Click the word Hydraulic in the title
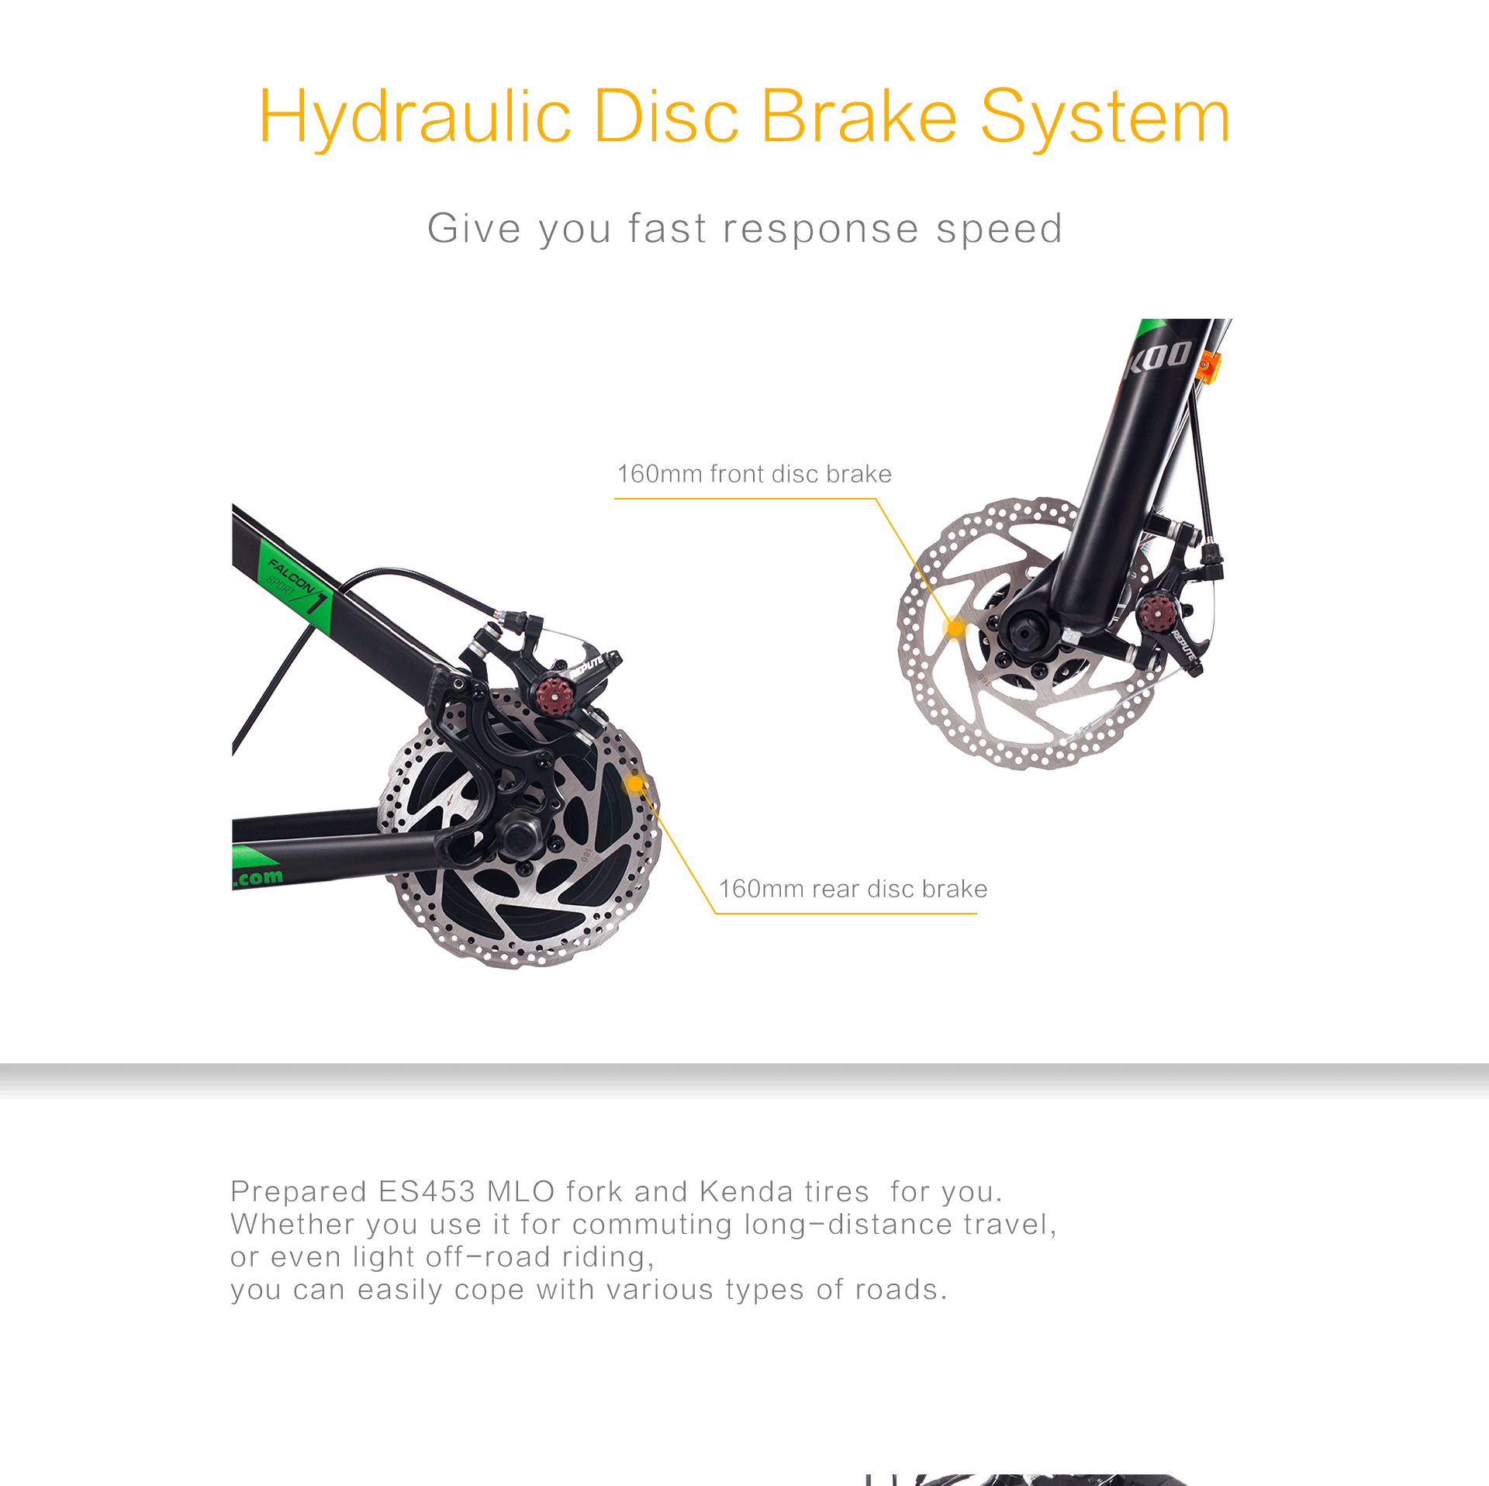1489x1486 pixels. pyautogui.click(x=415, y=118)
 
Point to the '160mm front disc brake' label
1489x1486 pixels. pyautogui.click(x=754, y=474)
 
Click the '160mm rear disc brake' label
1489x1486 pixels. pyautogui.click(x=853, y=889)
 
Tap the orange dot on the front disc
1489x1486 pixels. pyautogui.click(x=955, y=627)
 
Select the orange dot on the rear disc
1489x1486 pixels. pyautogui.click(x=636, y=785)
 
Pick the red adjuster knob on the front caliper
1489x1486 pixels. pyautogui.click(x=1157, y=613)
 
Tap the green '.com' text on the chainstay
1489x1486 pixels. pyautogui.click(x=258, y=878)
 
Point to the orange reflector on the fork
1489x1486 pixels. pyautogui.click(x=1208, y=367)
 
